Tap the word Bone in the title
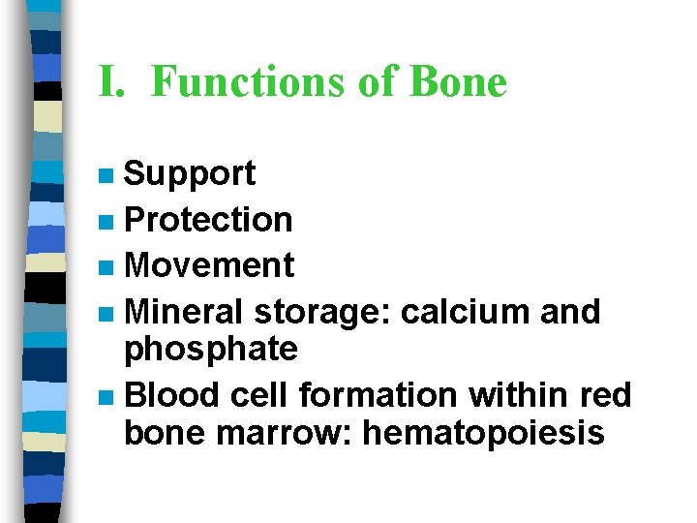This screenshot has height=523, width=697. [458, 81]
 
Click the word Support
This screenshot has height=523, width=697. [190, 174]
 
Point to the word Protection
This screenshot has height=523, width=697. [208, 220]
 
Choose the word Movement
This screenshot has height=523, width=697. [209, 264]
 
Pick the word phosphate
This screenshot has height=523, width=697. [211, 349]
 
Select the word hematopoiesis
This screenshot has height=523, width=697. [483, 433]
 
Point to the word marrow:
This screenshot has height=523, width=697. [286, 433]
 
